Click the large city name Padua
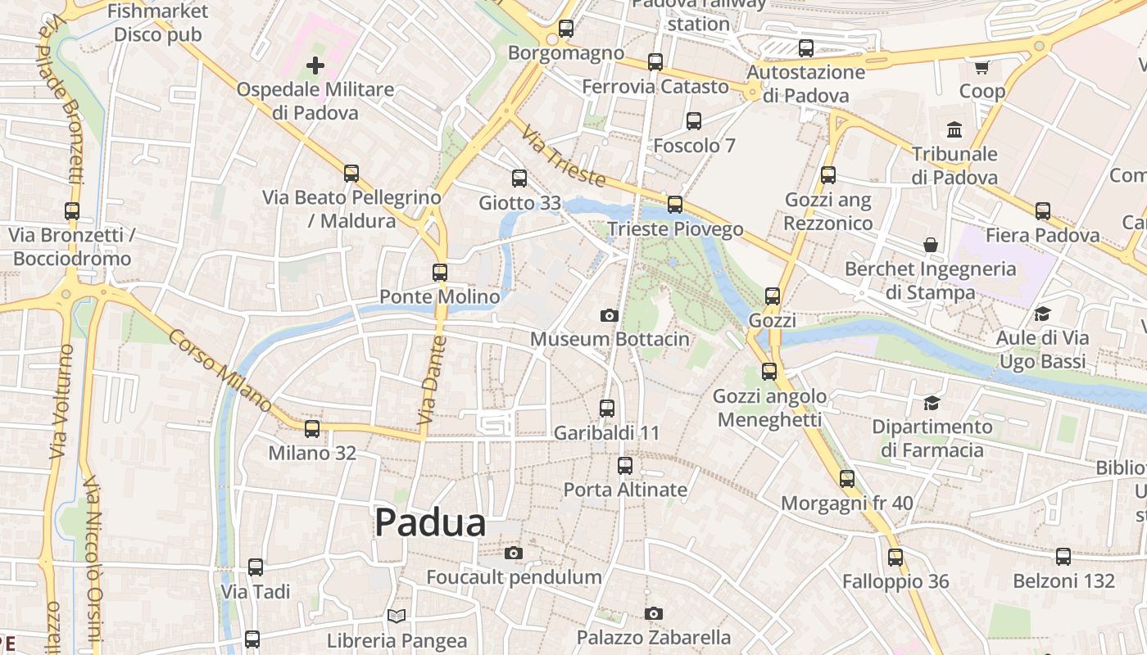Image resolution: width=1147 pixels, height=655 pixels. pos(430,522)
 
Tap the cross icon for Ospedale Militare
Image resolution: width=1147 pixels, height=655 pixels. pos(315,65)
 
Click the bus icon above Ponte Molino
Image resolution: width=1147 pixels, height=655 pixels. pos(440,273)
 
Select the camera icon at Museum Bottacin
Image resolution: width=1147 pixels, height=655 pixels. pos(609,315)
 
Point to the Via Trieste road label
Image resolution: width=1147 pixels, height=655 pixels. pos(564,156)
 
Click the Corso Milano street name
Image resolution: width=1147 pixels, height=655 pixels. pos(220,370)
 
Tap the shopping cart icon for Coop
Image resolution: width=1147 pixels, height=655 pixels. pos(982,67)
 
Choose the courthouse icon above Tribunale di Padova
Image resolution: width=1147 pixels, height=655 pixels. pos(954,129)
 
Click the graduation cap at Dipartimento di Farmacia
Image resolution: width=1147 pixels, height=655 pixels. pos(932,403)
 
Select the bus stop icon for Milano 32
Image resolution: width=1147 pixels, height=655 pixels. pos(312,428)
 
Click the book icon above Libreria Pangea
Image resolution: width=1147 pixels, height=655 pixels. pos(397,616)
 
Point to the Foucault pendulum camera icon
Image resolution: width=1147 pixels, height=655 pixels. pos(514,553)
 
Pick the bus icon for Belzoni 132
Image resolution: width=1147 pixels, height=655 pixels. pos(1063,557)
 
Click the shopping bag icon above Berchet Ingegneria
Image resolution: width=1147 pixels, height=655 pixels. pos(931,245)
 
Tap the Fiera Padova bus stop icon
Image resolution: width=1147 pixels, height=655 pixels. pos(1043,211)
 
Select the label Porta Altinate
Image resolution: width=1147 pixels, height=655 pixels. pos(625,490)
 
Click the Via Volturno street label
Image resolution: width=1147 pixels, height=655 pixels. pos(62,401)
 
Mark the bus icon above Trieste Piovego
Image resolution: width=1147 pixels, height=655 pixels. pos(675,205)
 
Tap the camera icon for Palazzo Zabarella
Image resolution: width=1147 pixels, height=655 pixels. pos(653,613)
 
